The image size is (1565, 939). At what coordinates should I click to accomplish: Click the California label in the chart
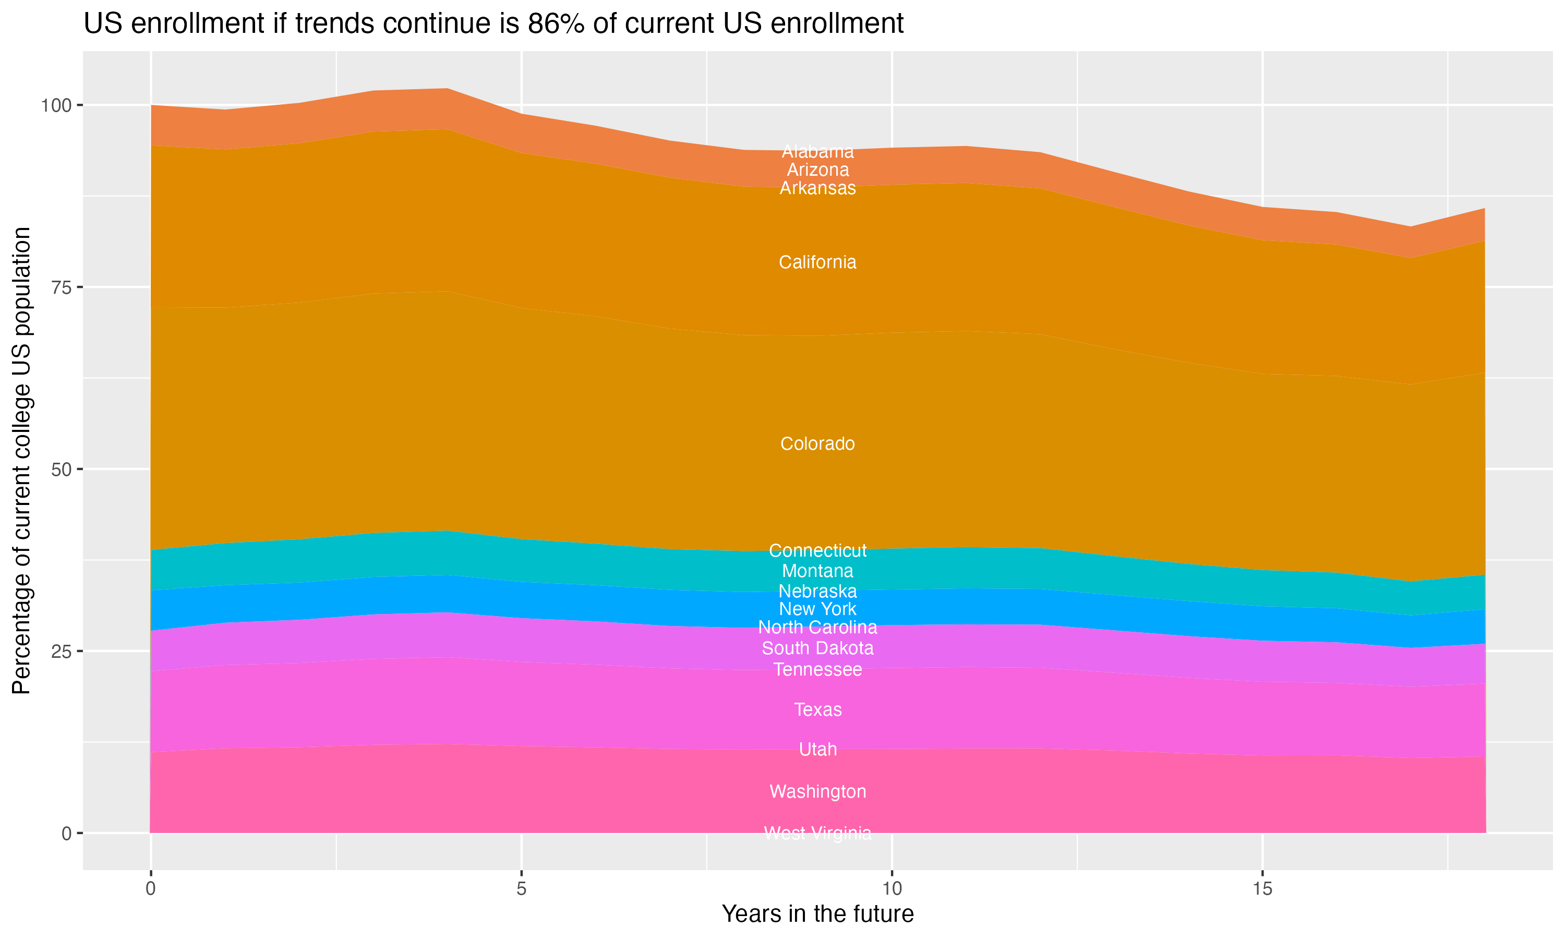(x=817, y=262)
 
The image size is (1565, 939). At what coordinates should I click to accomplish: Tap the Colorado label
(x=817, y=443)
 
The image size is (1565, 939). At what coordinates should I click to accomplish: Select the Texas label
(x=817, y=709)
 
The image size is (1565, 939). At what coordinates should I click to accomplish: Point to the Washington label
(x=817, y=791)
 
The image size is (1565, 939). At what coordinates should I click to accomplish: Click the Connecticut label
(x=817, y=550)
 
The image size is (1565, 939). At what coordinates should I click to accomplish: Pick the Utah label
(x=817, y=749)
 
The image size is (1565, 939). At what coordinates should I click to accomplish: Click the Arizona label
(x=817, y=170)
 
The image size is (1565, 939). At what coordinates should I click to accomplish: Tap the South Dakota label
(x=817, y=648)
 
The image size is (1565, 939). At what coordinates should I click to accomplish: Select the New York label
(x=817, y=609)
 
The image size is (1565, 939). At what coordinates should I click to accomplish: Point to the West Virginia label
(x=817, y=833)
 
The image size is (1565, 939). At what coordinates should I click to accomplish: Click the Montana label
(x=817, y=571)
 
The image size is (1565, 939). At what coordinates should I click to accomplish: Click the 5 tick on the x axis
(x=521, y=889)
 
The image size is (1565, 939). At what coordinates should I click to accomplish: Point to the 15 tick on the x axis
(x=1262, y=889)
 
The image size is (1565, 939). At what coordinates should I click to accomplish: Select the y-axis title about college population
(x=21, y=461)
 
